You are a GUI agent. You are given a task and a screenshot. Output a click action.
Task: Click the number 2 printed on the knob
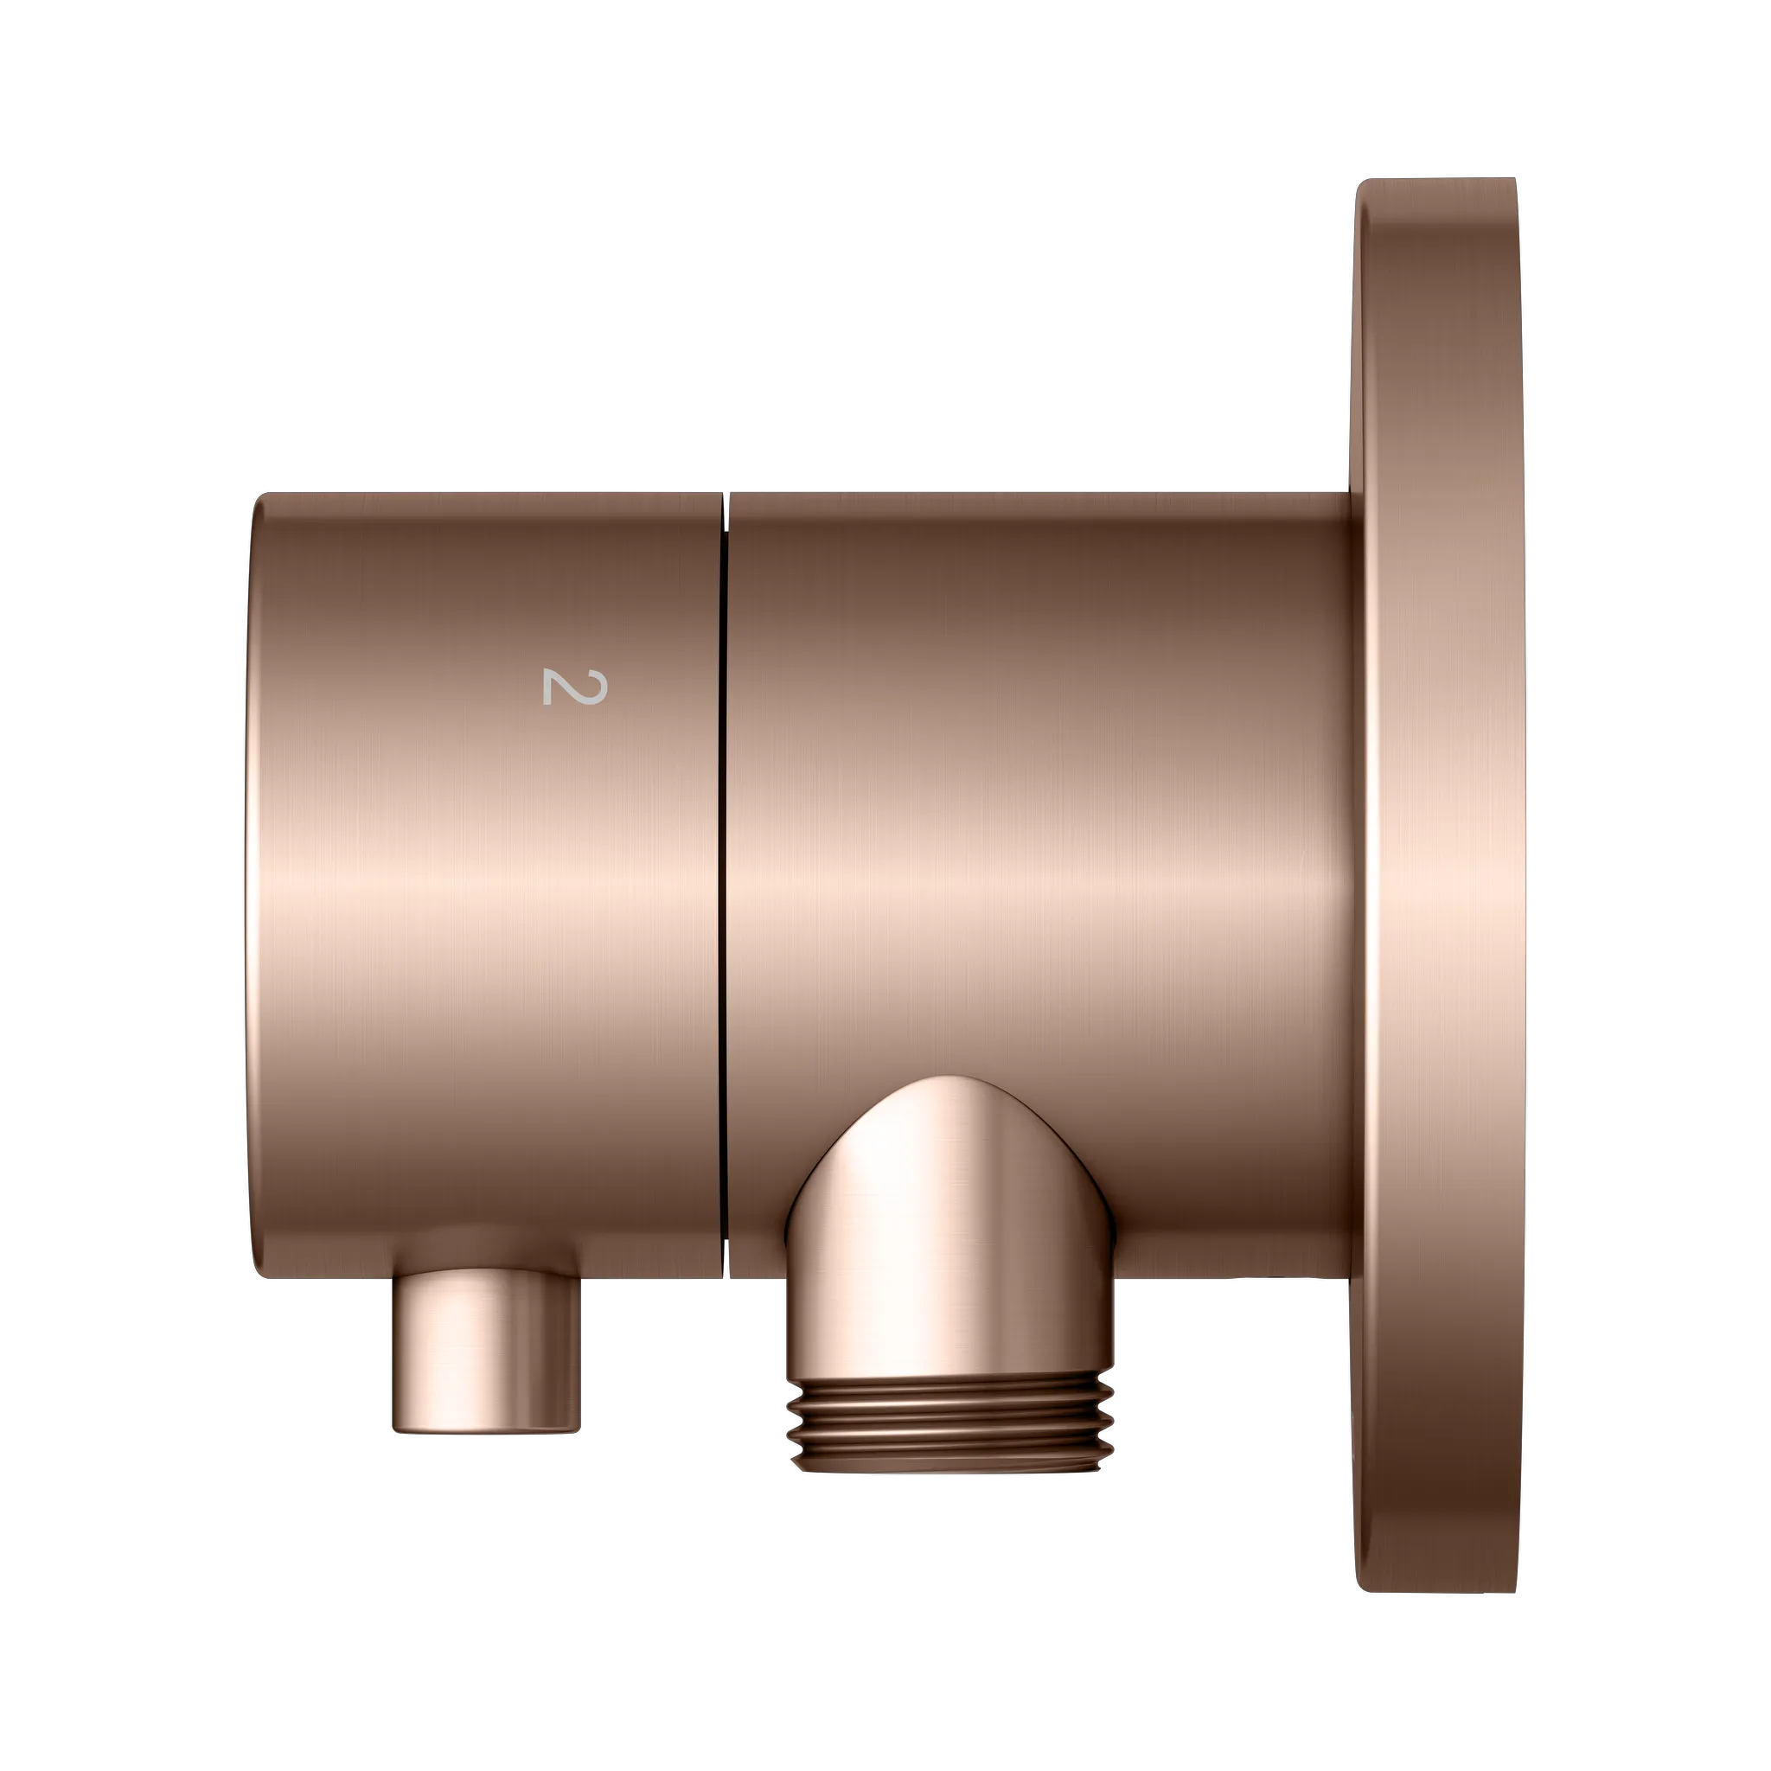click(x=575, y=687)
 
